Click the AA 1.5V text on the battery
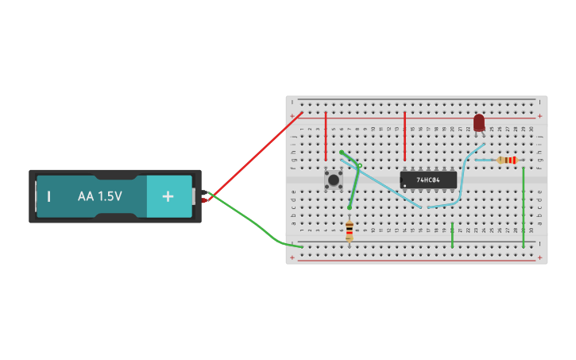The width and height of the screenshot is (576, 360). pos(99,195)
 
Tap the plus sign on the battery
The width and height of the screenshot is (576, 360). pos(168,196)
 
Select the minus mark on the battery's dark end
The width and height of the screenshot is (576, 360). pos(48,196)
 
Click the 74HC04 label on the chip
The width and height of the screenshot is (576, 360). pos(430,180)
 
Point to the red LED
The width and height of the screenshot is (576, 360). pos(478,122)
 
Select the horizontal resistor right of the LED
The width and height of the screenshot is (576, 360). pos(506,161)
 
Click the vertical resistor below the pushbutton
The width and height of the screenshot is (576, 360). pos(350,230)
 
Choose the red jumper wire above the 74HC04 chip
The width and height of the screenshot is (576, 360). pos(405,135)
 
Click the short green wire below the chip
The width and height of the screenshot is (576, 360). pos(452,235)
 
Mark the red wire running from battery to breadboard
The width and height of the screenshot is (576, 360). pos(254,155)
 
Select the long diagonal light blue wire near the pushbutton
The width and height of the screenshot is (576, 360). pos(381,184)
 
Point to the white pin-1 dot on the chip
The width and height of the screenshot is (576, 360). pos(405,186)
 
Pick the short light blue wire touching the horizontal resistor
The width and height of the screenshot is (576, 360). pos(484,161)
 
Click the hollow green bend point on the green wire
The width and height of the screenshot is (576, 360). pos(359,166)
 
